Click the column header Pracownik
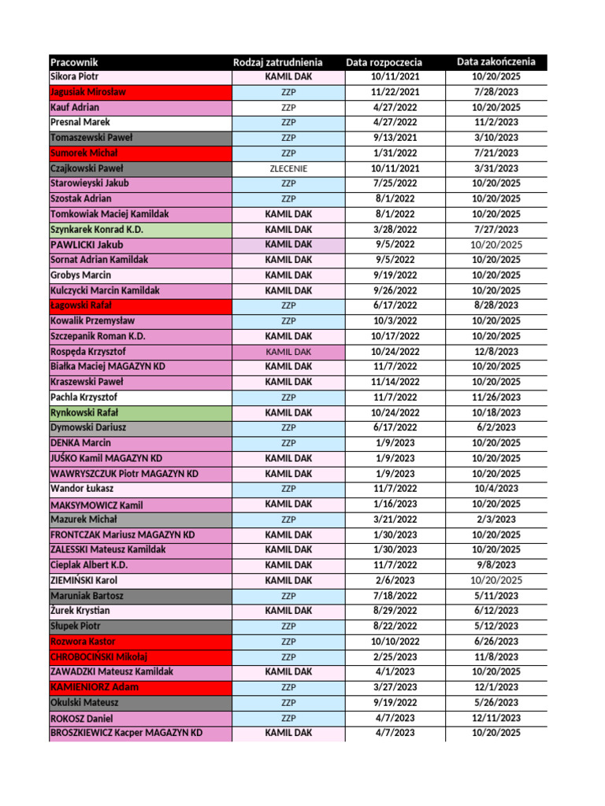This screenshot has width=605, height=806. click(74, 62)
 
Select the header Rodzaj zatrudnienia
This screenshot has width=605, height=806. click(277, 62)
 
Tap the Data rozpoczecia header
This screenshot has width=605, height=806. click(384, 62)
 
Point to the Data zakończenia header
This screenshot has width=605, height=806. click(496, 61)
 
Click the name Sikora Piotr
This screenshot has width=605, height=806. click(74, 77)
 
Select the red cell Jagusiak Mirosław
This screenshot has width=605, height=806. click(88, 92)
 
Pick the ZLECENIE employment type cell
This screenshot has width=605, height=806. click(288, 168)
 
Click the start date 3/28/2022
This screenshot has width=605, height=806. click(395, 229)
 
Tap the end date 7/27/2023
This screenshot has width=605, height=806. click(496, 229)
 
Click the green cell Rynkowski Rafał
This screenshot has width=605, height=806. click(84, 412)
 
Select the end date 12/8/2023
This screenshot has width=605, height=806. click(496, 351)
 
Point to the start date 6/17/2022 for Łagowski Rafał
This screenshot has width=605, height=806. click(395, 305)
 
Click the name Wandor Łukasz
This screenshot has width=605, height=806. click(80, 489)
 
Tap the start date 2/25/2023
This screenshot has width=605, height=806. click(395, 656)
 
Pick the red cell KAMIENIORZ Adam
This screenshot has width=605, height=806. click(95, 687)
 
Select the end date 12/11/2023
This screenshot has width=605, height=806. click(496, 718)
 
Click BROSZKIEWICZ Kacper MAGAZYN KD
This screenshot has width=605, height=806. click(126, 733)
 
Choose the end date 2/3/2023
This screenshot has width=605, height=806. click(496, 519)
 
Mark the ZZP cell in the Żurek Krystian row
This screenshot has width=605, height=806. click(288, 611)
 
